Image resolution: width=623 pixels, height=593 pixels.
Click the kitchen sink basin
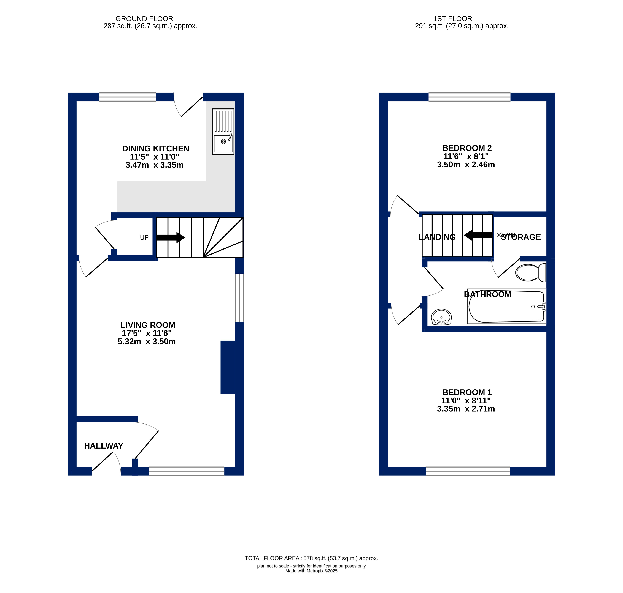[223, 144]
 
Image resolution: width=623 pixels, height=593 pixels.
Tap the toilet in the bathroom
[531, 272]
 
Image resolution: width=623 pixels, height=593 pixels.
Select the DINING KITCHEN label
[156, 149]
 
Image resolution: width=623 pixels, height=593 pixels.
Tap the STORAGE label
[521, 237]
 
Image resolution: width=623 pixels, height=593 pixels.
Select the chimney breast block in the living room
[228, 367]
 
